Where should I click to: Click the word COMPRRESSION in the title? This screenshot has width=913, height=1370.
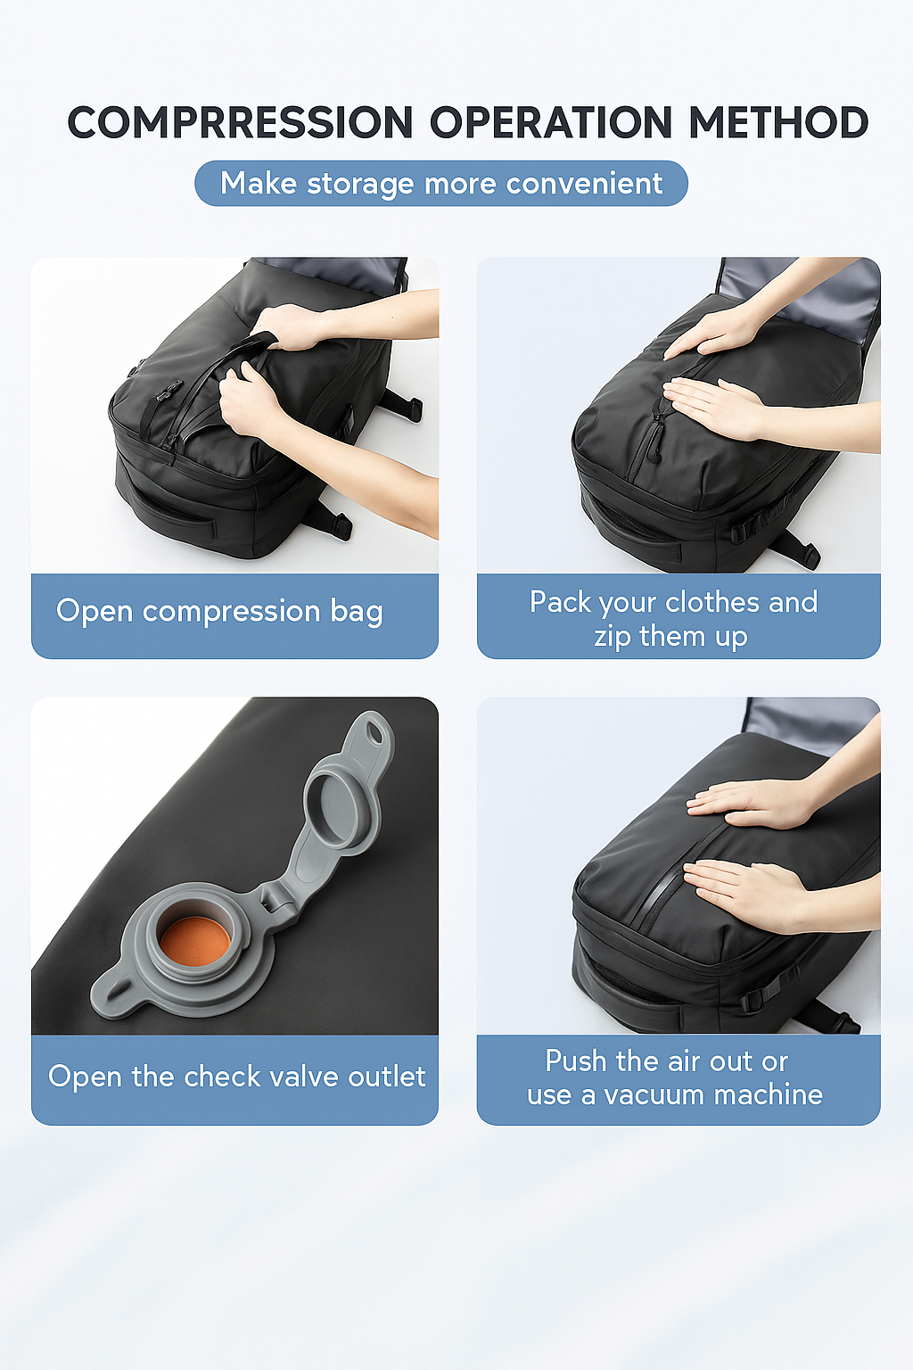coord(241,123)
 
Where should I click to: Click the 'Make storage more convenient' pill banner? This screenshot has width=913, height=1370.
coord(441,184)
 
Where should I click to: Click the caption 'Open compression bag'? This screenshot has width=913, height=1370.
coord(219,612)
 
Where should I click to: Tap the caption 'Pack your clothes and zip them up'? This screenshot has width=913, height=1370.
coord(673,619)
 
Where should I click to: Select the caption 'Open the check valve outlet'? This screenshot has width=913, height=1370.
coord(236,1077)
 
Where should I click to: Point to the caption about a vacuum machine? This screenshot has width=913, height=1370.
coord(674,1077)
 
